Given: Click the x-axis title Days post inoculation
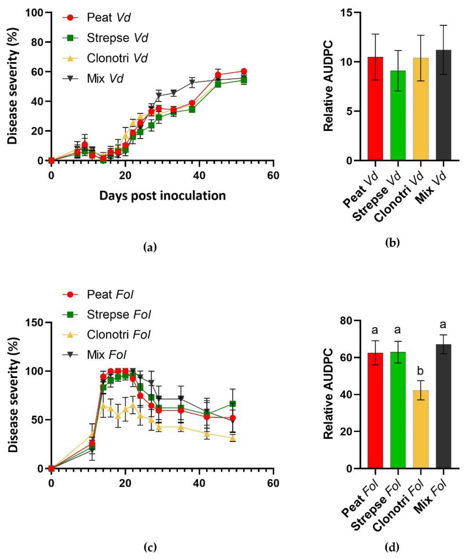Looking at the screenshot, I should click(x=163, y=196).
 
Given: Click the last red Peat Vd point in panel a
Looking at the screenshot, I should click(x=244, y=71).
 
